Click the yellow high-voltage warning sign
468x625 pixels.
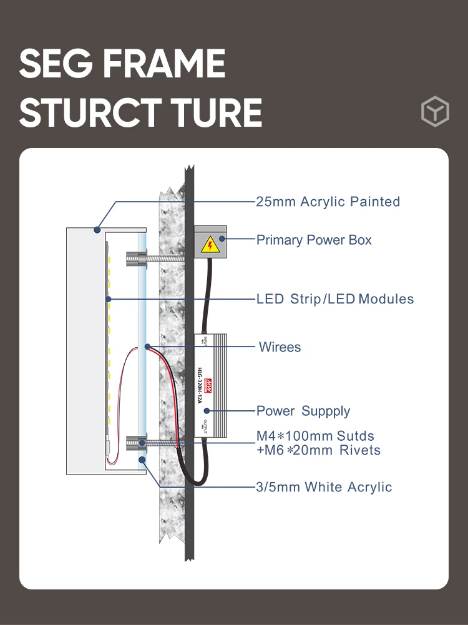click(210, 245)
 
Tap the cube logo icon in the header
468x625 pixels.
click(434, 112)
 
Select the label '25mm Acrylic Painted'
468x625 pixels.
click(328, 202)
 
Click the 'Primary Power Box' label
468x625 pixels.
click(314, 240)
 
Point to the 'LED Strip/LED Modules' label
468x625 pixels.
click(335, 299)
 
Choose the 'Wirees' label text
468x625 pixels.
click(280, 347)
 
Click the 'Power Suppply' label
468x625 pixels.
click(303, 411)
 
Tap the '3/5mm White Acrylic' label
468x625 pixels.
click(324, 487)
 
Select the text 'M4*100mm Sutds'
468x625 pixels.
click(315, 436)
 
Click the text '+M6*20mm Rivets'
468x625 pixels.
click(318, 450)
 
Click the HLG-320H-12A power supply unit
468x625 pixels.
click(210, 384)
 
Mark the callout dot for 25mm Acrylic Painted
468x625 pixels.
click(97, 230)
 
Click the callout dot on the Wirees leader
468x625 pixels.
click(147, 346)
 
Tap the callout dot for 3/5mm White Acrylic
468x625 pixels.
click(142, 460)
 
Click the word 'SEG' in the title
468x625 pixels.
click(52, 64)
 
